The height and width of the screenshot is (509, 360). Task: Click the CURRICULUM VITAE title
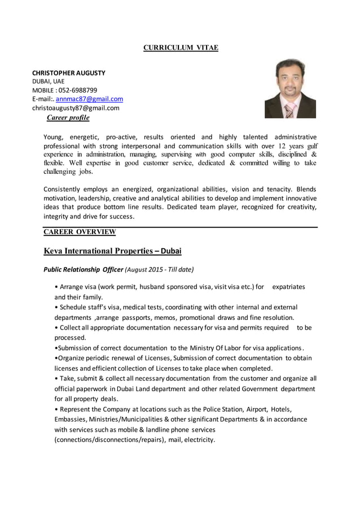tap(180, 48)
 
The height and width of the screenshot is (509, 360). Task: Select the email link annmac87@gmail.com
tap(89, 99)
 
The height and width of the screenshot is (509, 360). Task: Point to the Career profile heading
tap(68, 117)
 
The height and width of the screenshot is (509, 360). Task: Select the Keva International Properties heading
tap(112, 251)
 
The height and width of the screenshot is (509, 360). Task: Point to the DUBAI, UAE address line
tap(48, 81)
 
